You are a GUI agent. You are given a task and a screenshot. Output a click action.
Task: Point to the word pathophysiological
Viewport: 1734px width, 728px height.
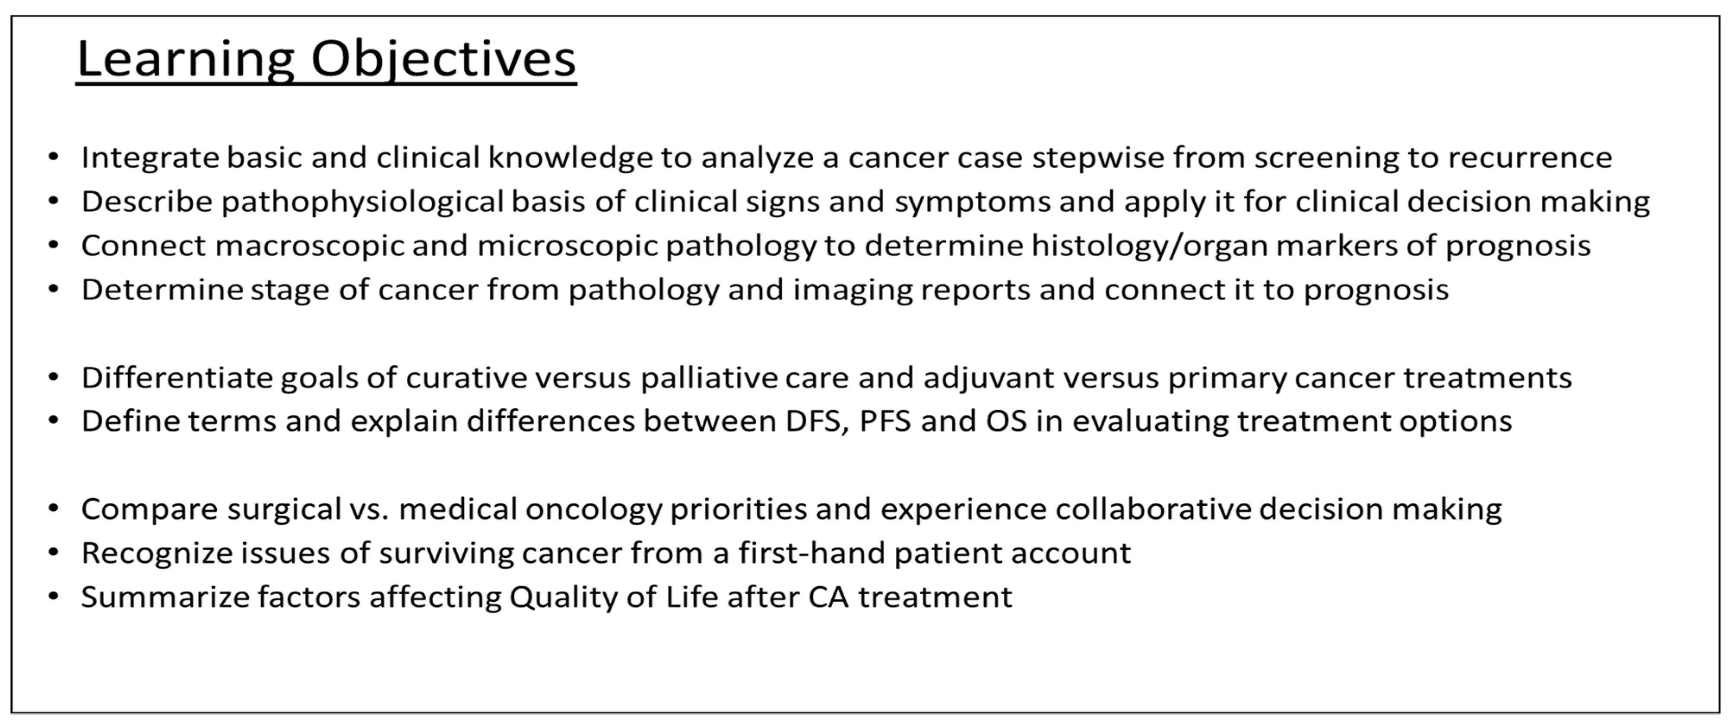tap(363, 203)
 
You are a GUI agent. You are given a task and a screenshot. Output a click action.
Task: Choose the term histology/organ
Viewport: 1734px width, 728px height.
tap(1151, 246)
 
